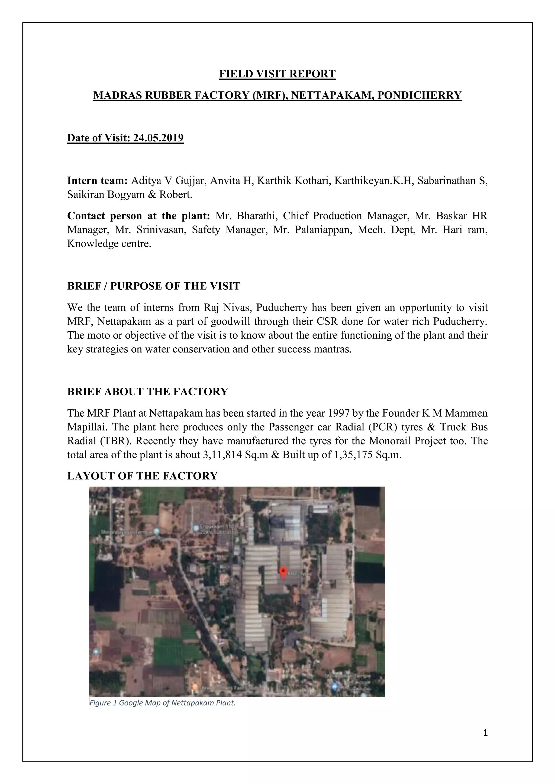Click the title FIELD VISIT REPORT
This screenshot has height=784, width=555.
point(277,74)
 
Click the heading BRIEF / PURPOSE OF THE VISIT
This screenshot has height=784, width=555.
point(153,286)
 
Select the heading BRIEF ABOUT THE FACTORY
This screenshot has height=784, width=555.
point(148,392)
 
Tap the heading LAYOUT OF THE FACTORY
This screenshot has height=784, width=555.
point(142,476)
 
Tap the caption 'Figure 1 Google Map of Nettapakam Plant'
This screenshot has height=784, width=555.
point(162,703)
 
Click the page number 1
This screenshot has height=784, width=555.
point(485,733)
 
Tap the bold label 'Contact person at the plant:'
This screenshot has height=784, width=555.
point(138,216)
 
